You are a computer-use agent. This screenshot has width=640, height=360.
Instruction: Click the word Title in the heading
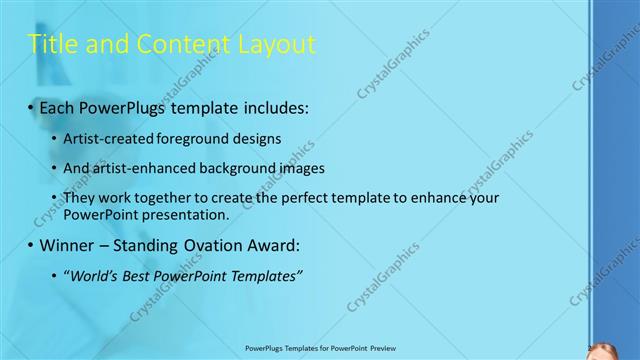tap(51, 44)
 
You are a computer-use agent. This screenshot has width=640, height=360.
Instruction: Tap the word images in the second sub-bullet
tap(323, 168)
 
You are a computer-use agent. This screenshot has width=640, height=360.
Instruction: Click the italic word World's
tap(93, 275)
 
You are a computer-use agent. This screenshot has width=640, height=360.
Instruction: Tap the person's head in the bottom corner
tap(603, 351)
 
